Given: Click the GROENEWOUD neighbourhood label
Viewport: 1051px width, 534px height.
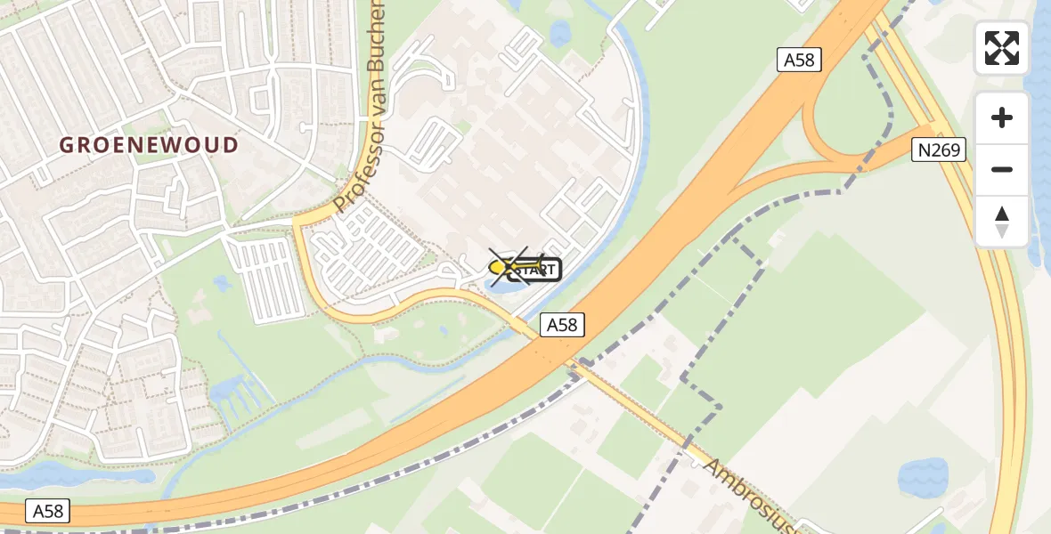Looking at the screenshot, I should [150, 145].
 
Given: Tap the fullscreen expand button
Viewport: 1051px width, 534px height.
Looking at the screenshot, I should [1002, 48].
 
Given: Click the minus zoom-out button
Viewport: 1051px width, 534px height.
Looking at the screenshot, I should [1002, 169].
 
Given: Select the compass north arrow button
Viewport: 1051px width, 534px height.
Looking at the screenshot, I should [1002, 221].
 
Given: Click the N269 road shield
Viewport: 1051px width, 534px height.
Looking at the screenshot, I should [940, 150].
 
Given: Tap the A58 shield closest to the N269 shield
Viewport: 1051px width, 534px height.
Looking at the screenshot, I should [798, 61].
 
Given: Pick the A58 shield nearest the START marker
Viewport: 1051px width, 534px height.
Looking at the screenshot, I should [562, 326].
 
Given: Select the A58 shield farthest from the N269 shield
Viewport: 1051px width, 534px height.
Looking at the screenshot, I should [49, 511].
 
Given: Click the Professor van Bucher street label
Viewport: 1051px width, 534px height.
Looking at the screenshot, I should [362, 107].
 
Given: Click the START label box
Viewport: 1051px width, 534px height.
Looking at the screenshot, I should [535, 269].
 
